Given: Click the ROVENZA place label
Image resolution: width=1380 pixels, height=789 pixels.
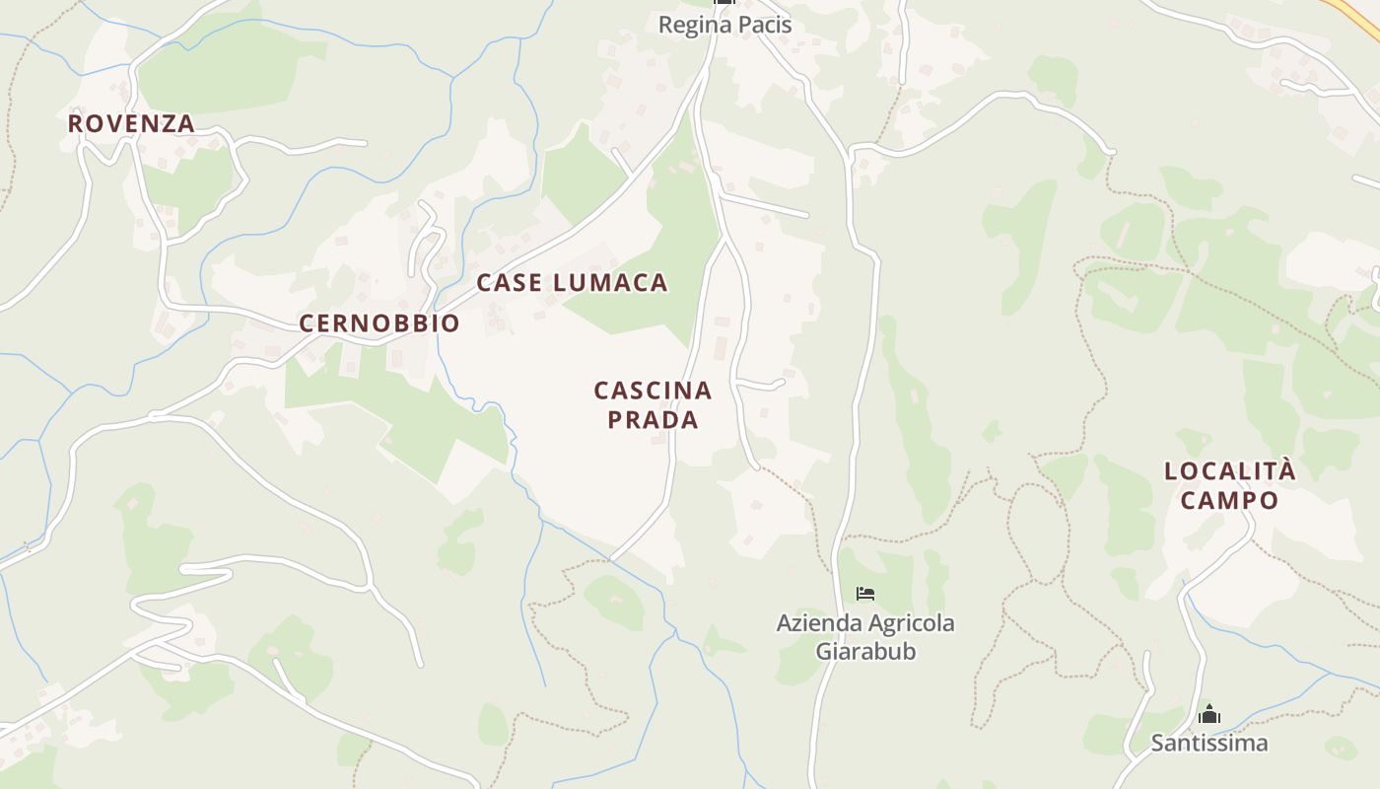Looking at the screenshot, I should point(131,124).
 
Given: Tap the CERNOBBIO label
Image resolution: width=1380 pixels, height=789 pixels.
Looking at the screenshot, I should point(379,323).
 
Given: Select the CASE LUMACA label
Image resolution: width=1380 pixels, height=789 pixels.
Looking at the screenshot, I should point(572,283).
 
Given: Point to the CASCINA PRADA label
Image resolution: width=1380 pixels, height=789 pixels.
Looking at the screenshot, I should point(653,404).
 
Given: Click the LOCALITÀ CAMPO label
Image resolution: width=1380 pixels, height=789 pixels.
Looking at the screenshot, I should point(1229,485).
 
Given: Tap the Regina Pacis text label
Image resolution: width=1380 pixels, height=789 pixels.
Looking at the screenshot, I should point(724,25).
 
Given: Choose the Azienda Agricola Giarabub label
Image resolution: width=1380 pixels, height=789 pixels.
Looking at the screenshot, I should point(865,637).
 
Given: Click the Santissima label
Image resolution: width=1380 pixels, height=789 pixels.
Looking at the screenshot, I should point(1209,743).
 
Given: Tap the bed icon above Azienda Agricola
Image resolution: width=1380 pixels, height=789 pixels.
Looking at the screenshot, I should point(865,594).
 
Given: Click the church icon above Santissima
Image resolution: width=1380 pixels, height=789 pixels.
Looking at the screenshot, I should point(1209,715).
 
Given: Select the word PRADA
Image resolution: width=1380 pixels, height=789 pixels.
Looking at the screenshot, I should point(653,419).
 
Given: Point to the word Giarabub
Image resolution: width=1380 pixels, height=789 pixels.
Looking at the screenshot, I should point(865,651).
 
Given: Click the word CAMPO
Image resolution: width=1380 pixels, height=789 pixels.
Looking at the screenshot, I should point(1229,500).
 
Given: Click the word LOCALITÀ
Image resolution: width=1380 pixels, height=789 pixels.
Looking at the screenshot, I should point(1229,471).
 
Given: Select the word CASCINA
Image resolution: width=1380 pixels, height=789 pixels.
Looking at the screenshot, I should point(653,391).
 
